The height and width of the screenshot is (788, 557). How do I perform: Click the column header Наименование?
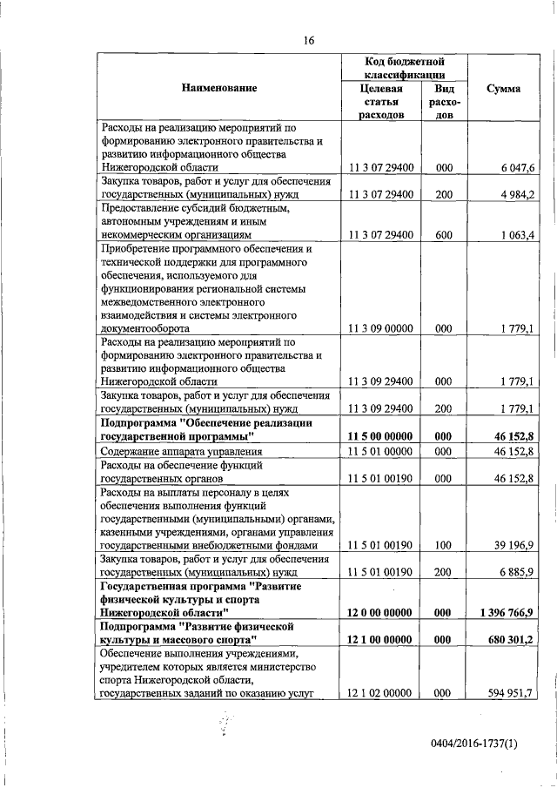(x=219, y=89)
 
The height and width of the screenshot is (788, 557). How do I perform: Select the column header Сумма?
(x=504, y=89)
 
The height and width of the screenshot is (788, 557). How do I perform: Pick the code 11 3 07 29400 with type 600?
(x=382, y=235)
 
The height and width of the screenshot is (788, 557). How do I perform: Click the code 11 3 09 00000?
(x=382, y=329)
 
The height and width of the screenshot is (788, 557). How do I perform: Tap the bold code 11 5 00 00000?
(x=382, y=435)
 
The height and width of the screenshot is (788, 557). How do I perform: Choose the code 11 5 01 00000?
(x=382, y=452)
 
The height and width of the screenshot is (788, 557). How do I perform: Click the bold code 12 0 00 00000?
(x=382, y=613)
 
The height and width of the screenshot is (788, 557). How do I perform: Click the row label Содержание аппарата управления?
(x=182, y=452)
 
